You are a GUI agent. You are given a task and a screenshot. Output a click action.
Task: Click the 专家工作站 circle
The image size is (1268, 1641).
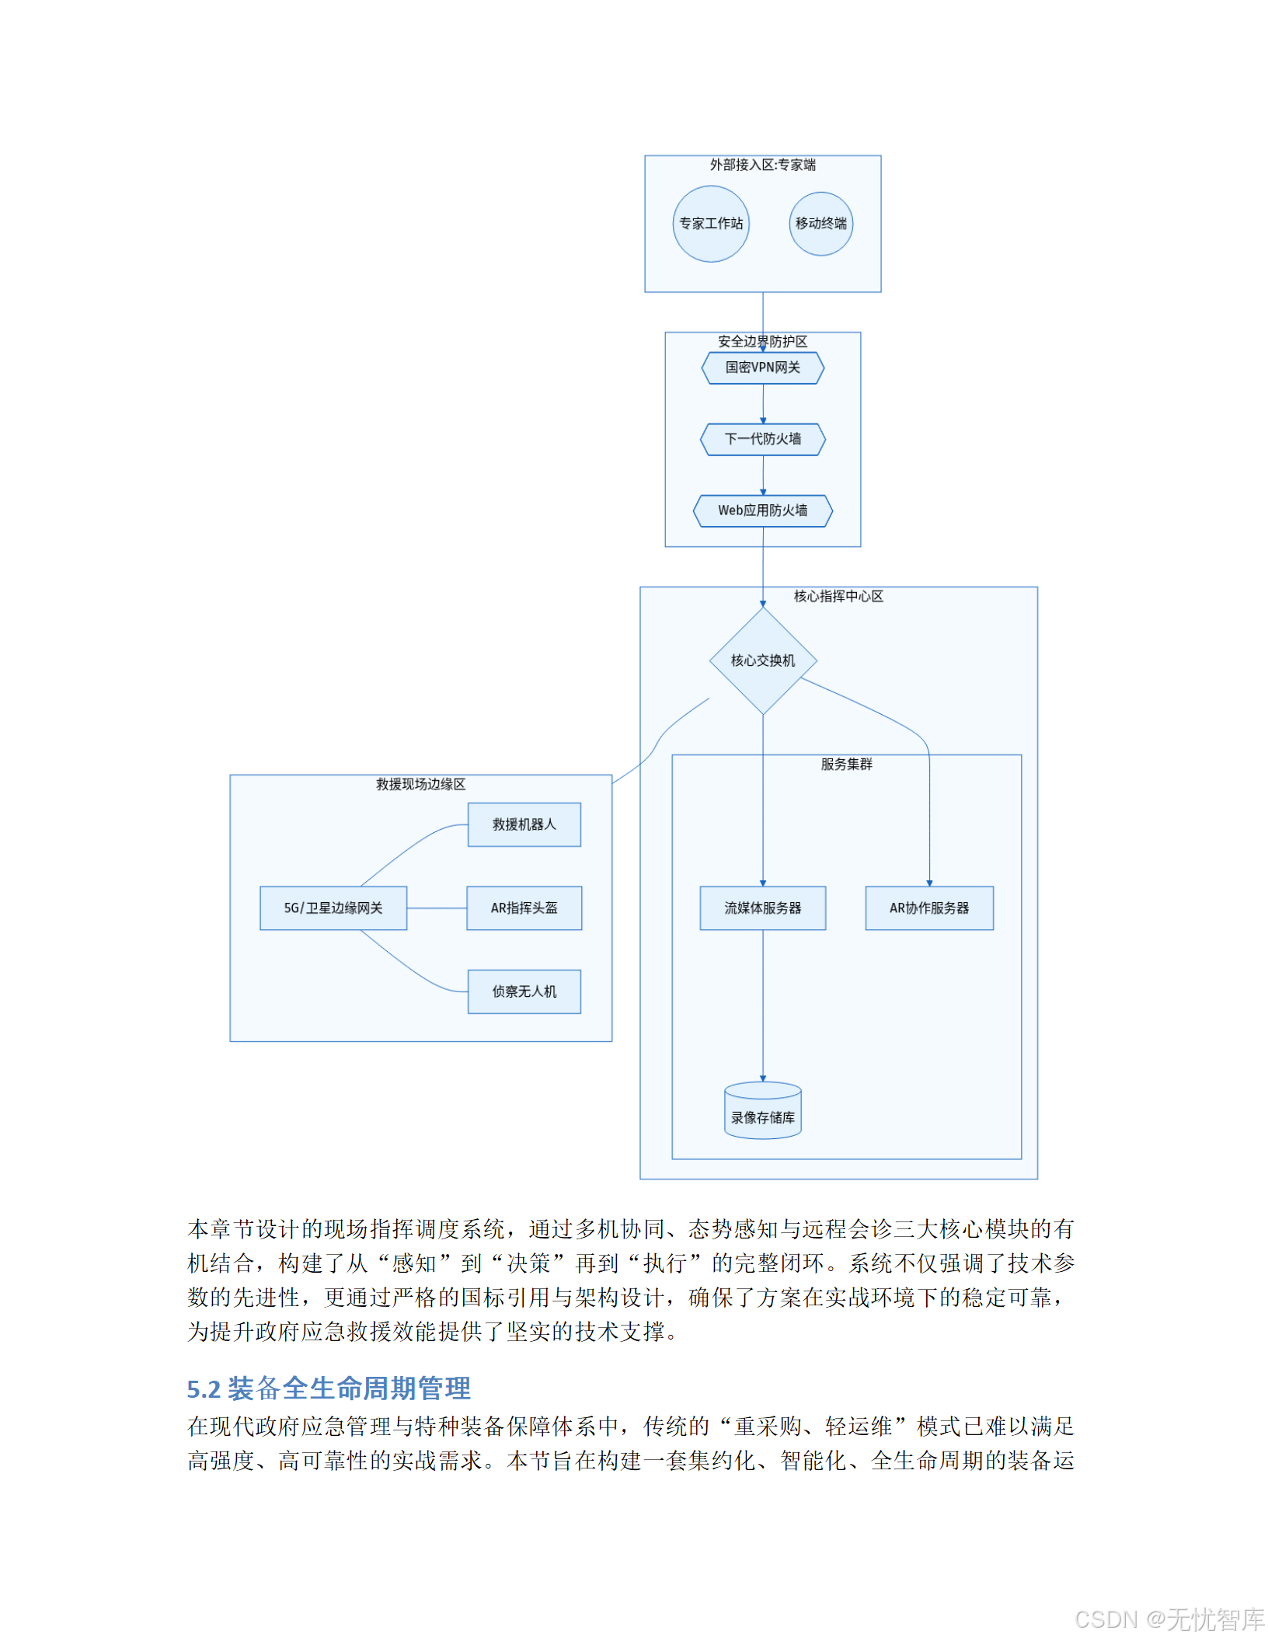point(710,224)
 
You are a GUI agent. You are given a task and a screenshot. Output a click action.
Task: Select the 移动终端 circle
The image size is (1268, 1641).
point(820,224)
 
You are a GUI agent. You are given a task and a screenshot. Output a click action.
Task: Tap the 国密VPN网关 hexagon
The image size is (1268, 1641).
point(762,368)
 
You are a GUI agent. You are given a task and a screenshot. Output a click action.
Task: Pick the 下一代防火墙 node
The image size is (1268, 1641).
point(762,439)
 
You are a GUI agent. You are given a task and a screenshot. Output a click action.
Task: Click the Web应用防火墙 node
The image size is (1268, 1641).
point(762,510)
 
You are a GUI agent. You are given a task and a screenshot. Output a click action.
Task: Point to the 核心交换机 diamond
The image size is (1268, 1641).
point(762,660)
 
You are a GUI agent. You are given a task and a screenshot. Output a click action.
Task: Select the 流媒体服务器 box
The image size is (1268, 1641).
point(762,908)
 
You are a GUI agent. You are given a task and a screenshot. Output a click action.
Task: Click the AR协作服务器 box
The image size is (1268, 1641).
point(928,908)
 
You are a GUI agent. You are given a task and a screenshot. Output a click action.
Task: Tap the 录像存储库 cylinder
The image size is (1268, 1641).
point(762,1112)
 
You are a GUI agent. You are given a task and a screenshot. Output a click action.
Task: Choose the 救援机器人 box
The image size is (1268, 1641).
point(524,824)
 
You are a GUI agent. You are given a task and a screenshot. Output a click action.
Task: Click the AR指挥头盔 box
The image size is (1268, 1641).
point(524,908)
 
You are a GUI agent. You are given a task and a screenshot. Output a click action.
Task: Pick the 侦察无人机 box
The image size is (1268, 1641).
point(524,991)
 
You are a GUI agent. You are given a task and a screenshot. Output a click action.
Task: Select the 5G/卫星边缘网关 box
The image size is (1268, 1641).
point(333,908)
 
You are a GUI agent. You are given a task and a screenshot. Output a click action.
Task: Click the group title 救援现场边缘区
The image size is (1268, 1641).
point(420,784)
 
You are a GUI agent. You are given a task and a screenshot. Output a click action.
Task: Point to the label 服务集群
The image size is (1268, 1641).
point(846,765)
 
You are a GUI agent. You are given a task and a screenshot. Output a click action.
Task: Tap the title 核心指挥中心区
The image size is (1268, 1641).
point(838,596)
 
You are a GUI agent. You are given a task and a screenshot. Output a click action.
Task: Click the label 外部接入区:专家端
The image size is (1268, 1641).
point(762,165)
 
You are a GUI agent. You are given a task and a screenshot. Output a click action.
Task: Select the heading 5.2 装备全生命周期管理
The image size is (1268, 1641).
point(329,1388)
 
